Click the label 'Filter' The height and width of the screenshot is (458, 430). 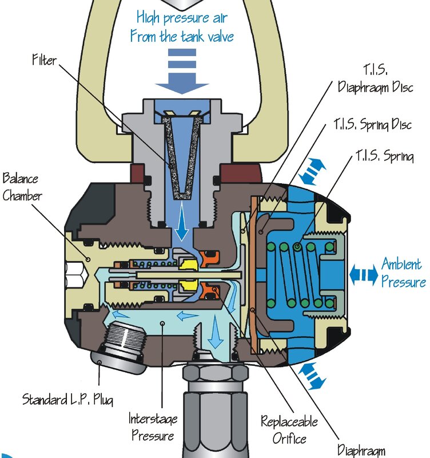pyautogui.click(x=44, y=59)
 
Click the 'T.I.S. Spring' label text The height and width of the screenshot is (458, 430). pyautogui.click(x=384, y=156)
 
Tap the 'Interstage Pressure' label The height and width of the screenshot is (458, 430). pyautogui.click(x=152, y=427)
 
